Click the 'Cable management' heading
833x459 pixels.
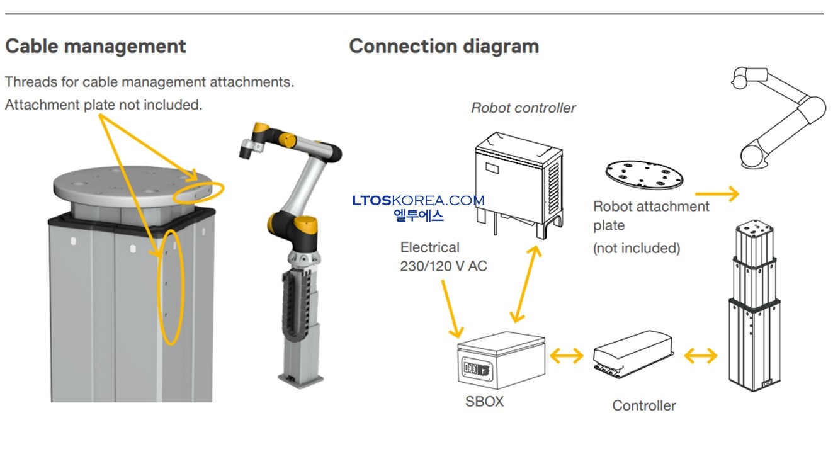[x=96, y=47]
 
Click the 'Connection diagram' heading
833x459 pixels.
[x=444, y=47]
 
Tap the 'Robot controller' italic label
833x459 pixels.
[x=523, y=108]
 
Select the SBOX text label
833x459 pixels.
[x=484, y=401]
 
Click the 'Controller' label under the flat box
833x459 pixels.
[x=643, y=405]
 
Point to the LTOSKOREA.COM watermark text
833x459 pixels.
[x=418, y=200]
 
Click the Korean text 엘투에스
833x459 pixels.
[x=418, y=215]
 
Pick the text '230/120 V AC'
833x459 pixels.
[x=443, y=266]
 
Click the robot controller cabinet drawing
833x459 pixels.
[x=519, y=185]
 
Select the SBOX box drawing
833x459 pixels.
[x=501, y=360]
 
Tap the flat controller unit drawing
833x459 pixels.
[x=633, y=354]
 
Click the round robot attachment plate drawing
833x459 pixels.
[x=645, y=174]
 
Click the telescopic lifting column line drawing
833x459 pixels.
[x=754, y=305]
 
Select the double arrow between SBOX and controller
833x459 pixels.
[x=567, y=356]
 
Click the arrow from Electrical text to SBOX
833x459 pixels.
[x=452, y=309]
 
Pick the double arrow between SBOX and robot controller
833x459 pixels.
[x=526, y=284]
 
